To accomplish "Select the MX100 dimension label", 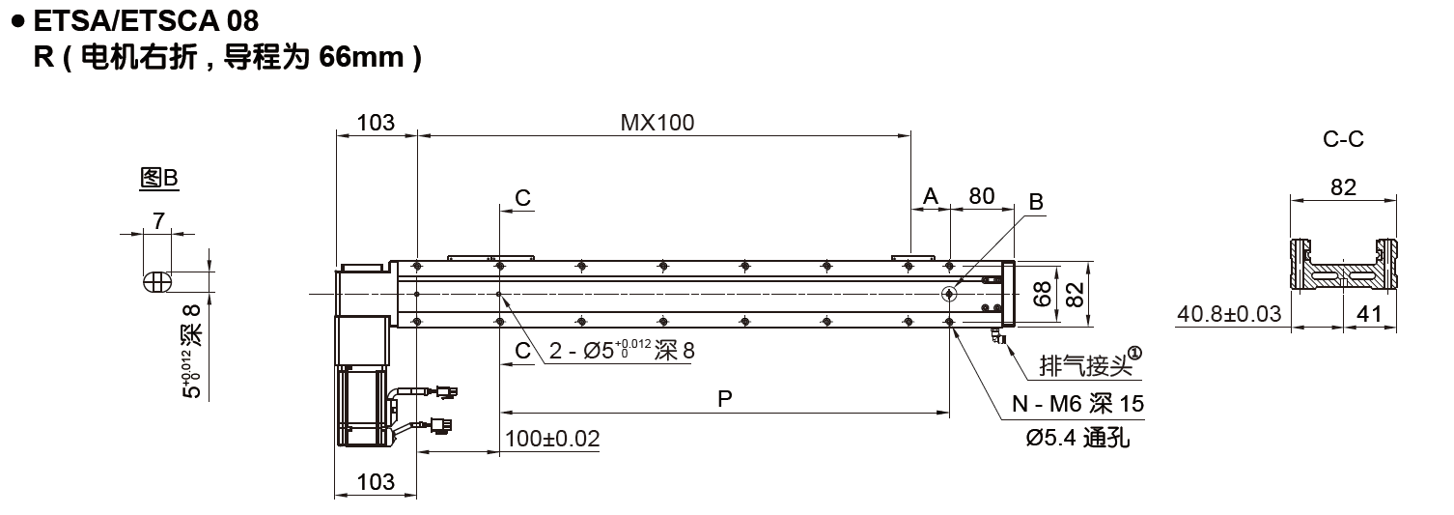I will (657, 123).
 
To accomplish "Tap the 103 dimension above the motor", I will (376, 123).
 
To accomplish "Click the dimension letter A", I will (931, 196).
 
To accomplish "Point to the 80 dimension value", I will (982, 196).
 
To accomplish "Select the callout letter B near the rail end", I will (1036, 202).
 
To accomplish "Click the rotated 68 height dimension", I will (1042, 294).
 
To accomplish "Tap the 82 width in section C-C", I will (1343, 187).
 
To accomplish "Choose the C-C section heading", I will (1343, 139).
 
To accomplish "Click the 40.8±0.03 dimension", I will (1231, 314).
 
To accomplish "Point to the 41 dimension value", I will (1369, 314).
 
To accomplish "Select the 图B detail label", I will (159, 178).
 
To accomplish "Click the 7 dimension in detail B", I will (156, 221).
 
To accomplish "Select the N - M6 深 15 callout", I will (1077, 404).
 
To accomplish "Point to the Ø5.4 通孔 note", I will (1077, 438).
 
